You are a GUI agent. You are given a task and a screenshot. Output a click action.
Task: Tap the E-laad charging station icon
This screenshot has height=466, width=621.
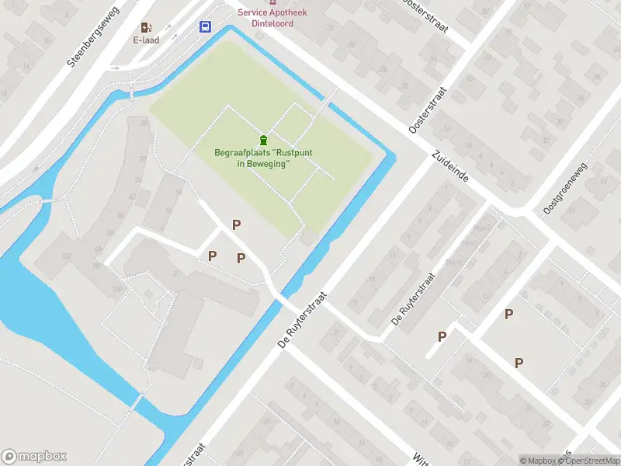click(x=147, y=27)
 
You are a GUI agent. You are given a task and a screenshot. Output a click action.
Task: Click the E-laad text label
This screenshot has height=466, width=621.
click(x=146, y=40)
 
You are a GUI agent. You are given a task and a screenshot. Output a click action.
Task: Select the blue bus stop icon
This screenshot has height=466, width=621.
click(x=205, y=27)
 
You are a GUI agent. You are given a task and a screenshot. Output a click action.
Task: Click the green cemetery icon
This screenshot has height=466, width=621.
click(x=263, y=140)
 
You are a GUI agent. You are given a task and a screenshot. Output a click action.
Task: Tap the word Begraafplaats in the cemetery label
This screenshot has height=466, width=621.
click(x=242, y=153)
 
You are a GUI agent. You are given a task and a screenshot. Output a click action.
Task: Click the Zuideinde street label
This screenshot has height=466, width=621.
click(x=449, y=167)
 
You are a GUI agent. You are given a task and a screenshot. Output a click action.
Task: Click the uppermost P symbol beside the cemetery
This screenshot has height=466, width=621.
click(x=237, y=225)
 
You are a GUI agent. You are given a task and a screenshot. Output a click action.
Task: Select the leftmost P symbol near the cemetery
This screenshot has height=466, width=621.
click(x=212, y=256)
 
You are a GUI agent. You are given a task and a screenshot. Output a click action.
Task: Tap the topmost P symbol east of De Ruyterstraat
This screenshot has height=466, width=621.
click(x=508, y=315)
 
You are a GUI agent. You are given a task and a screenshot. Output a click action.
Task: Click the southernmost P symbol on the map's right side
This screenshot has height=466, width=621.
click(x=519, y=363)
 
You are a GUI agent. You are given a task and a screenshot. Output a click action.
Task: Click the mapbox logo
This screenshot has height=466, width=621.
click(x=35, y=457)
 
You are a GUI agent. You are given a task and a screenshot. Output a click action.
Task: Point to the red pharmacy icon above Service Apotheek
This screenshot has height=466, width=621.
click(x=272, y=3)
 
